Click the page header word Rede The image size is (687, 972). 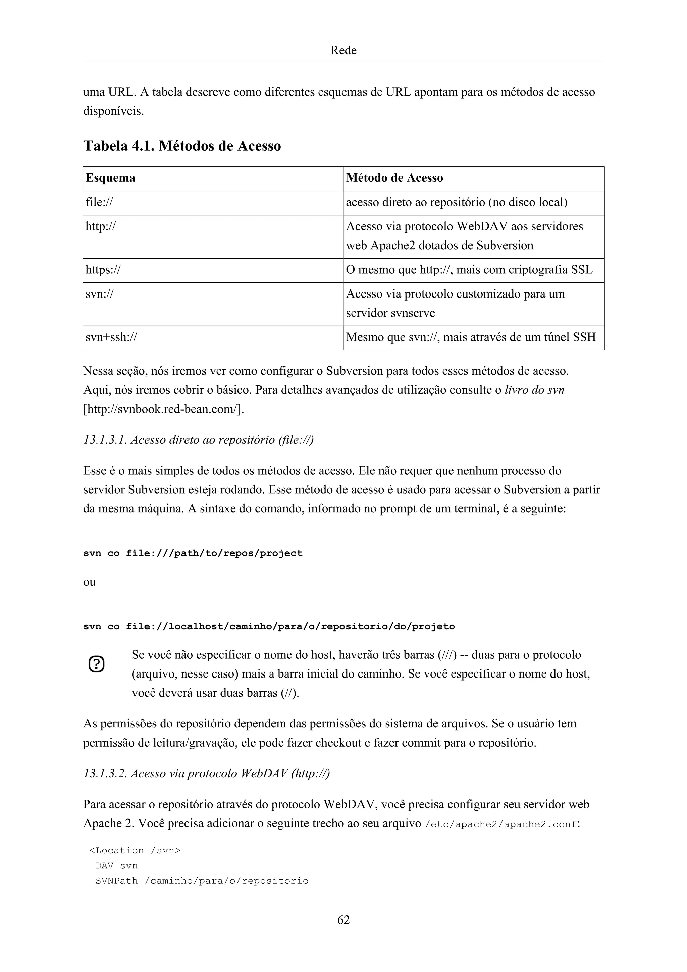pyautogui.click(x=343, y=50)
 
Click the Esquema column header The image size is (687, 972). pyautogui.click(x=110, y=178)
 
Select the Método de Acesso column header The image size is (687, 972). pyautogui.click(x=394, y=178)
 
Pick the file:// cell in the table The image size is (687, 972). pyautogui.click(x=100, y=202)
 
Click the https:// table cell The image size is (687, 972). pyautogui.click(x=103, y=270)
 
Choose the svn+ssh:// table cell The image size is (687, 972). pyautogui.click(x=111, y=337)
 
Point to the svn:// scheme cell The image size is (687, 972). pyautogui.click(x=100, y=294)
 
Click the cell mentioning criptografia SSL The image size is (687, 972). pyautogui.click(x=469, y=270)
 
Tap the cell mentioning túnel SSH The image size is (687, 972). pyautogui.click(x=471, y=337)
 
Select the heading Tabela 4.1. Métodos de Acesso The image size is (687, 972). pyautogui.click(x=182, y=146)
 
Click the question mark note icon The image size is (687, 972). pyautogui.click(x=97, y=664)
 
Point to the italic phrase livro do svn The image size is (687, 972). pyautogui.click(x=534, y=390)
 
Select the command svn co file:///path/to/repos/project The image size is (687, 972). pyautogui.click(x=193, y=553)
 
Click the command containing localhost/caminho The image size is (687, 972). pyautogui.click(x=269, y=626)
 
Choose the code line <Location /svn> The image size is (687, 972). pyautogui.click(x=135, y=851)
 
